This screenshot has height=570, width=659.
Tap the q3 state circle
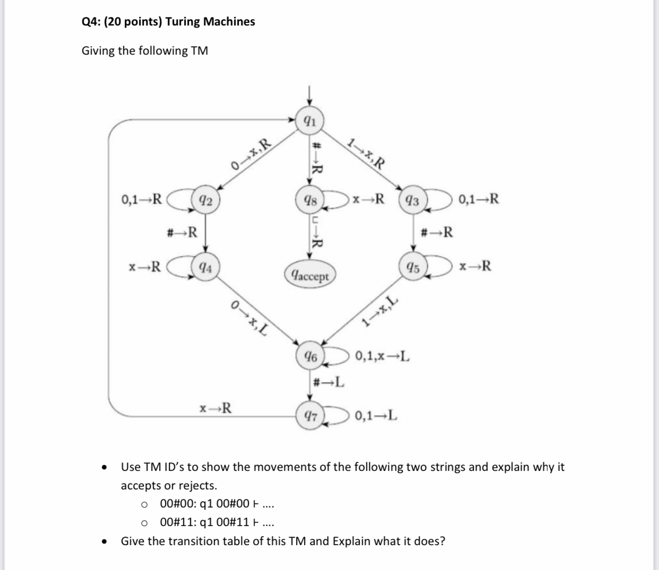pyautogui.click(x=412, y=201)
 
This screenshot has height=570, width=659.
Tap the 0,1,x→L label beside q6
pyautogui.click(x=382, y=356)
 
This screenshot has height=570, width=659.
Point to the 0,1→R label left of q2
pyautogui.click(x=141, y=200)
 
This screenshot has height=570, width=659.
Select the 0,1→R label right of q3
pyautogui.click(x=479, y=200)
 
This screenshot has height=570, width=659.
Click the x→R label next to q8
pyautogui.click(x=368, y=200)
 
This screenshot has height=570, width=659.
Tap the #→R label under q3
pyautogui.click(x=436, y=232)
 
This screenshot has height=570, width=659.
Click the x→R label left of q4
pyautogui.click(x=145, y=266)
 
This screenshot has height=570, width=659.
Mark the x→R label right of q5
pyautogui.click(x=475, y=266)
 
